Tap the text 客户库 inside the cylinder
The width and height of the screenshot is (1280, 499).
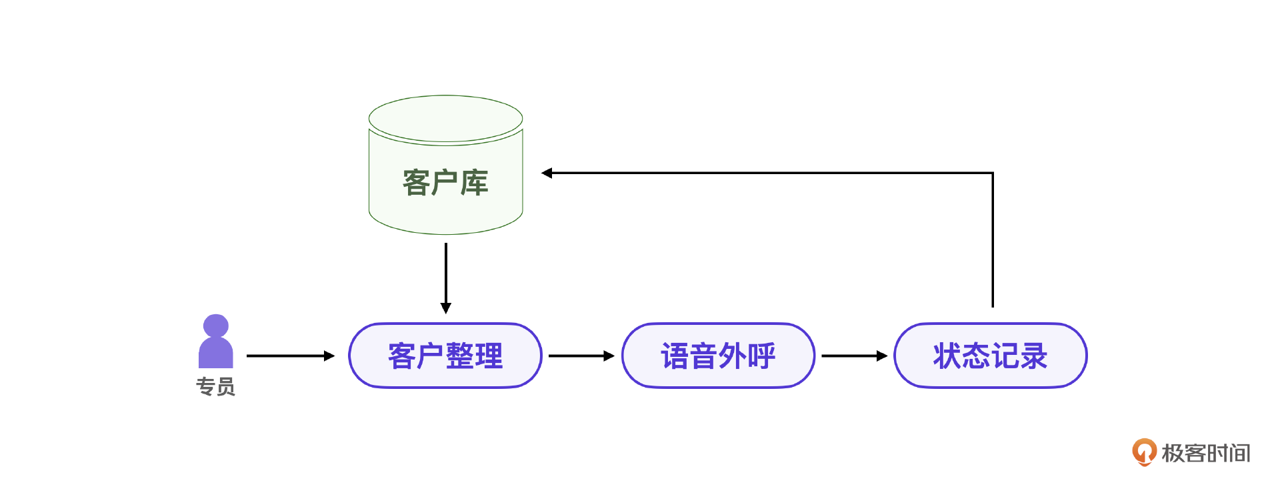coord(445,183)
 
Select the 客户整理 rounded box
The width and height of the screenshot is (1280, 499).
coord(445,356)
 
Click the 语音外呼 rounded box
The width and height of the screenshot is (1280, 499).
coord(718,356)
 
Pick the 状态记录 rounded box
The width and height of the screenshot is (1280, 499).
coord(990,356)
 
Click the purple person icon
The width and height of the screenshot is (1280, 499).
coord(216,344)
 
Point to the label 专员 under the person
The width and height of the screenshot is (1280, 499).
coord(215,387)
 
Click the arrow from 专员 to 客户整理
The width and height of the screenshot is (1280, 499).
coord(290,356)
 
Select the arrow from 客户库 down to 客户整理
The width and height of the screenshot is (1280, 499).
coord(446,277)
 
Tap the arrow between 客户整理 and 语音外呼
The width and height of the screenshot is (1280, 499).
coord(581,356)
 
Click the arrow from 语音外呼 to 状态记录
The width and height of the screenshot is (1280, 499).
coord(854,356)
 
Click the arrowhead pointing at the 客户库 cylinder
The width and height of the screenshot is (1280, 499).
coord(547,173)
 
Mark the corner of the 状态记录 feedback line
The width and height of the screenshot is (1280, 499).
coord(993,173)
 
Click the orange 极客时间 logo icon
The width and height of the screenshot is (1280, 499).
coord(1144,452)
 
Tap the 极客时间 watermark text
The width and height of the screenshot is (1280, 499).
coord(1206,453)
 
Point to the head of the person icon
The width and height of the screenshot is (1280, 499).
coord(216,326)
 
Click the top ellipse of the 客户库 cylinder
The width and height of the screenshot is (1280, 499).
coord(445,119)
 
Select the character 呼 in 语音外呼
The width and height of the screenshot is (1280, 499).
coord(762,356)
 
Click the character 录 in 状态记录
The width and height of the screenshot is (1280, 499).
coord(1034,356)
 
